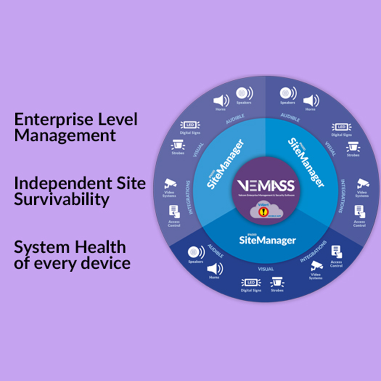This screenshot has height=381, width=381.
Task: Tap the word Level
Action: pyautogui.click(x=118, y=119)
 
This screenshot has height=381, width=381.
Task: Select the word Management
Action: pyautogui.click(x=65, y=135)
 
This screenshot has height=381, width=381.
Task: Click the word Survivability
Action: pyautogui.click(x=62, y=199)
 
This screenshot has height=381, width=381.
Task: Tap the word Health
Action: pyautogui.click(x=102, y=247)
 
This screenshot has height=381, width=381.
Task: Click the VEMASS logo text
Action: pyautogui.click(x=265, y=185)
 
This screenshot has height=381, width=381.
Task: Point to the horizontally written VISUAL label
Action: pyautogui.click(x=266, y=269)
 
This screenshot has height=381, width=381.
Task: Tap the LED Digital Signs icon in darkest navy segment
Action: pyautogui.click(x=251, y=282)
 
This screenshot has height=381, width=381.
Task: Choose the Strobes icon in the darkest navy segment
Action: pyautogui.click(x=277, y=282)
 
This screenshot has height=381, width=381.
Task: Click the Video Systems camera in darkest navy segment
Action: pyautogui.click(x=316, y=266)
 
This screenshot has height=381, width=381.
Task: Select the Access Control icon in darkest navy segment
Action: pyautogui.click(x=336, y=252)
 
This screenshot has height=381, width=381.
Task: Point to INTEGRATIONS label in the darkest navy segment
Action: pyautogui.click(x=314, y=251)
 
